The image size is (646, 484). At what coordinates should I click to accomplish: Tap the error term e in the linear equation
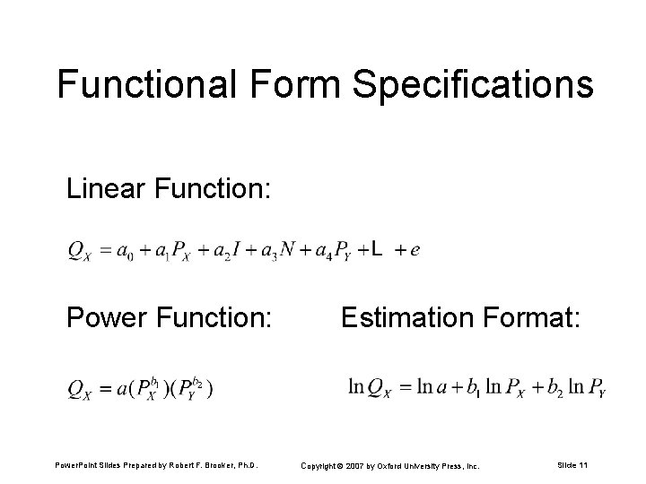(x=414, y=251)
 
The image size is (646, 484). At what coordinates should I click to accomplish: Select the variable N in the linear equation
(x=288, y=250)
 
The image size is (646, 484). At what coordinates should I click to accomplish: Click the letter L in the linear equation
(x=379, y=250)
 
